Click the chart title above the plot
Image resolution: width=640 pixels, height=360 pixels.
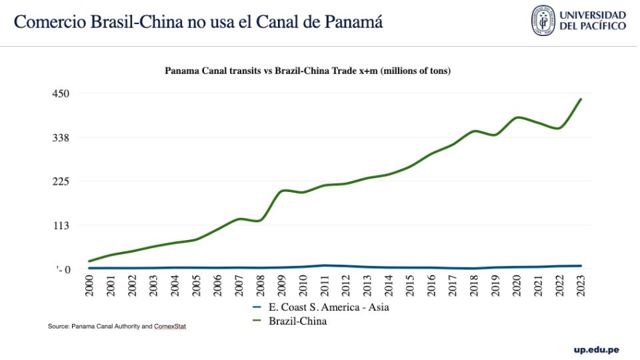click(308, 70)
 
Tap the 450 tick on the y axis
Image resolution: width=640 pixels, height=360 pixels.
click(61, 93)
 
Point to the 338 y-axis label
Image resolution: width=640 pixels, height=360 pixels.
click(61, 137)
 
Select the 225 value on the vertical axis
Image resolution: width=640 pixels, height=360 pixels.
click(61, 181)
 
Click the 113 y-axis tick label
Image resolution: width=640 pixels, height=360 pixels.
click(61, 225)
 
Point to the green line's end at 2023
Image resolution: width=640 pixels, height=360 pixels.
click(581, 99)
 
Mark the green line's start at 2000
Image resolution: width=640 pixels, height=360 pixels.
click(89, 261)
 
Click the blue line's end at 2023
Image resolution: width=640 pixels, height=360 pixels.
click(581, 266)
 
